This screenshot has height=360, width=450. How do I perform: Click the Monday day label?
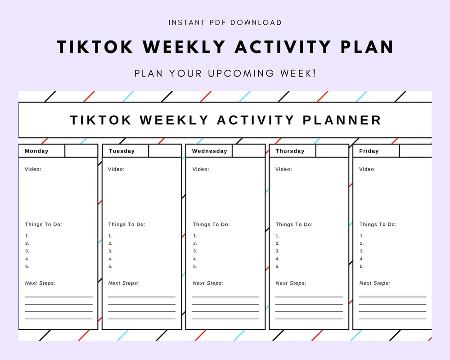[36, 151]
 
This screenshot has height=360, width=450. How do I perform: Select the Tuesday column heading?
[121, 151]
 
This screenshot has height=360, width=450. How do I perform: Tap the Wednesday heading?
[210, 151]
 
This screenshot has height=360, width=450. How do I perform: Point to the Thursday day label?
[290, 151]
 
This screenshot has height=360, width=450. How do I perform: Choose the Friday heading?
[369, 151]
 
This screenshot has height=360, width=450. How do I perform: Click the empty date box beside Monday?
[81, 151]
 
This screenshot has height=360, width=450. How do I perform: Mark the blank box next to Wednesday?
[248, 151]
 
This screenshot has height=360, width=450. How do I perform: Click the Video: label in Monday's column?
[33, 169]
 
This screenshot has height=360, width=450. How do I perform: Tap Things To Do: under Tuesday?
[126, 224]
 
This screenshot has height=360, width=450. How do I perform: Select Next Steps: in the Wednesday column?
[208, 283]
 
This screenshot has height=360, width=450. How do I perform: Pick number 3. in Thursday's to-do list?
[277, 251]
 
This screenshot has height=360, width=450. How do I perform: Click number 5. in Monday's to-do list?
[27, 266]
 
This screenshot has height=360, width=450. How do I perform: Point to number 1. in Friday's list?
[362, 236]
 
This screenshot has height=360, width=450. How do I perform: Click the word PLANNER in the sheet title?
[342, 120]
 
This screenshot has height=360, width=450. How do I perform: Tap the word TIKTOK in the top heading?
[95, 47]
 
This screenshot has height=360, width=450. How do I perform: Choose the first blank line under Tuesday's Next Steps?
[142, 297]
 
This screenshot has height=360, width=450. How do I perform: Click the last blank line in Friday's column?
[392, 319]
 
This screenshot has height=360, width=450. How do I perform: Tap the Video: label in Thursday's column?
[283, 169]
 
